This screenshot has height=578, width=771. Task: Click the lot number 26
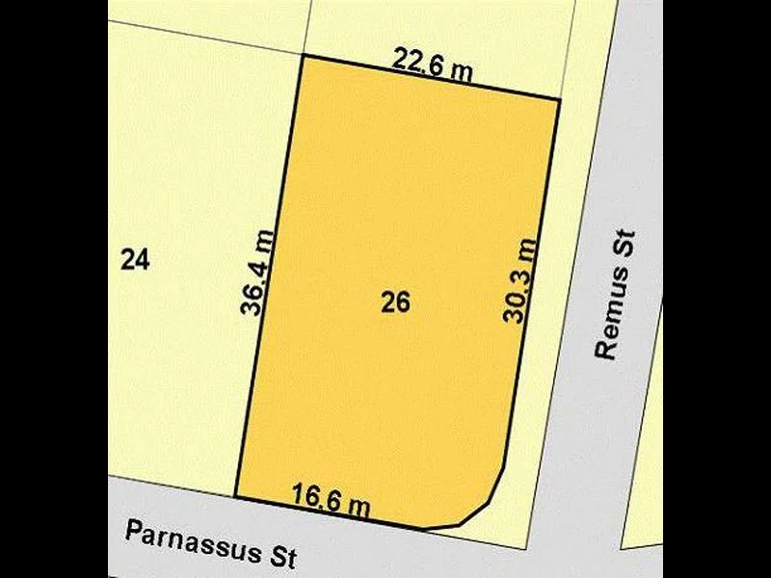395,303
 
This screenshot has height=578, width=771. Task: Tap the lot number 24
136,259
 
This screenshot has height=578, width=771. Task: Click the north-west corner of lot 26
305,55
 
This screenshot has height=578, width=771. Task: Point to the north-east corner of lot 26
559,98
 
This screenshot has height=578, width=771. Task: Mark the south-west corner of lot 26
236,497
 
